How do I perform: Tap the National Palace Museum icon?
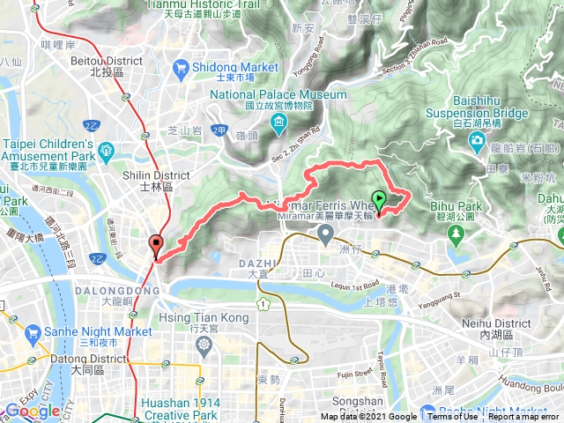click(278, 120)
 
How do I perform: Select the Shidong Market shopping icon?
click(181, 66)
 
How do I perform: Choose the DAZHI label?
click(258, 263)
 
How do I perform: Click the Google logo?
click(33, 411)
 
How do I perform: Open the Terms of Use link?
click(452, 417)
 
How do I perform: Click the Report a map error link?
click(523, 417)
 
